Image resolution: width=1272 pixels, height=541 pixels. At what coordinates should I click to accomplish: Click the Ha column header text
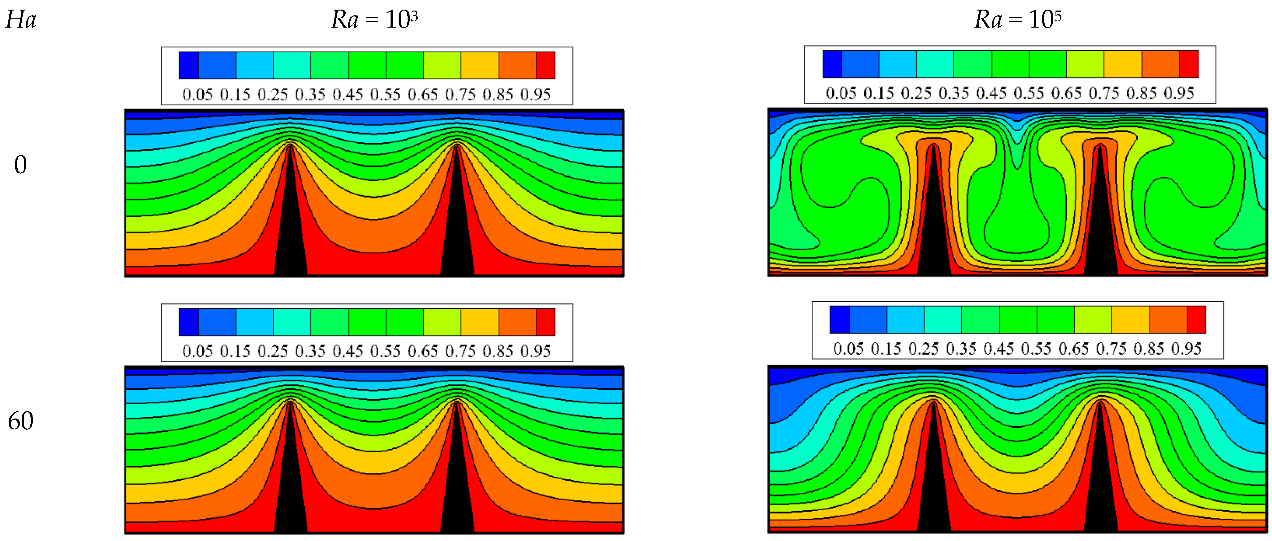[x=21, y=20]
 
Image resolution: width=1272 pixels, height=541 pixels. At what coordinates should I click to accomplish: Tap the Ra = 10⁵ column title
[x=1017, y=20]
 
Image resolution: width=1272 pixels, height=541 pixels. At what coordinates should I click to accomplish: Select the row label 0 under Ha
[x=20, y=165]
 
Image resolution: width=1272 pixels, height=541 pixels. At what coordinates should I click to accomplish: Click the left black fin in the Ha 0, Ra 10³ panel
[x=290, y=227]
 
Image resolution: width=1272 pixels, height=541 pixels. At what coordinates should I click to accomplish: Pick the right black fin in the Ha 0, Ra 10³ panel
[x=457, y=227]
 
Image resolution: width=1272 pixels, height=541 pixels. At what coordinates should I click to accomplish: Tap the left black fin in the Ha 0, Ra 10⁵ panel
[x=933, y=227]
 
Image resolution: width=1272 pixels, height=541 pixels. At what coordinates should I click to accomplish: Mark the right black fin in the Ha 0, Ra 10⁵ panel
[x=1100, y=227]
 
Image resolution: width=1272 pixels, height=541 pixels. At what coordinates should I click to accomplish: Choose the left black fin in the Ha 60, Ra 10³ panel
[x=290, y=484]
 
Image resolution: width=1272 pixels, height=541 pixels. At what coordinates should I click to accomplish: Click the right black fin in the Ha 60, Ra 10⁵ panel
[x=1100, y=484]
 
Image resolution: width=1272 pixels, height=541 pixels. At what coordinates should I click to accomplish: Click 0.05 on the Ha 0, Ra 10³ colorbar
[x=198, y=94]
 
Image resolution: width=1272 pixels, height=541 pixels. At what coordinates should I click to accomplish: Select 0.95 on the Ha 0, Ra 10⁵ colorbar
[x=1179, y=93]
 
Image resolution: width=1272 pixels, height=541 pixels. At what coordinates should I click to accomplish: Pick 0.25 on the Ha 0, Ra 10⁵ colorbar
[x=916, y=93]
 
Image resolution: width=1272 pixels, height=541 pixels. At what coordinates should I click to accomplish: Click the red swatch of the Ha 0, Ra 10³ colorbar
[x=546, y=65]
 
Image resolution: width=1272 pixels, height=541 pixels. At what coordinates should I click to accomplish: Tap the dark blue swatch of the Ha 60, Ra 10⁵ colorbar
[x=839, y=320]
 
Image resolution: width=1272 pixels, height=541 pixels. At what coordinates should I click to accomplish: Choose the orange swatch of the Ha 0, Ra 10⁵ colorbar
[x=1161, y=64]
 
